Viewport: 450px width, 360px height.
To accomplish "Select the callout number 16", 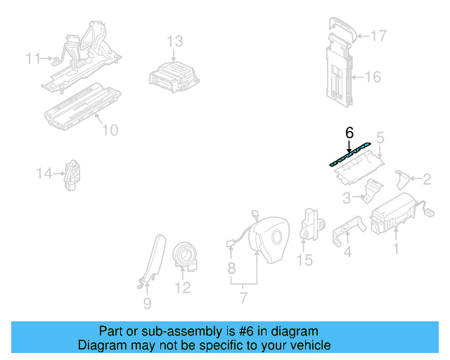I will (x=373, y=76).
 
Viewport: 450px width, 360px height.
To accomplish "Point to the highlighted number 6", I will (x=349, y=132).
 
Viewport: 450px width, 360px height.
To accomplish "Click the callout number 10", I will (x=110, y=130).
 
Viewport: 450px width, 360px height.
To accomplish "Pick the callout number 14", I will (x=45, y=173).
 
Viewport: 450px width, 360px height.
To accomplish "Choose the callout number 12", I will (x=183, y=288).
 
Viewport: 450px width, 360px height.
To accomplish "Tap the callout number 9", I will (x=147, y=304).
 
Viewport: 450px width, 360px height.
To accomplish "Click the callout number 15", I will (x=304, y=261).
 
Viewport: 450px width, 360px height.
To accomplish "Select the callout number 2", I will (x=425, y=179).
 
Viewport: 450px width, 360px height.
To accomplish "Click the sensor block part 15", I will (x=310, y=223).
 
